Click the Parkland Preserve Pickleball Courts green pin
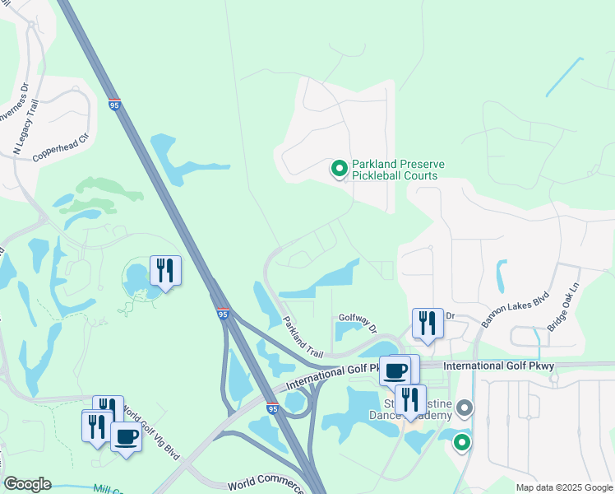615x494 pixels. (x=338, y=170)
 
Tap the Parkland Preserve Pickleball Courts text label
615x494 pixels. (x=398, y=170)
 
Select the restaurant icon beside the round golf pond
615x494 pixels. (x=165, y=271)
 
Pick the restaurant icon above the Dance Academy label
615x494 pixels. (x=410, y=400)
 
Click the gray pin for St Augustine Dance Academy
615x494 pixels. (x=465, y=408)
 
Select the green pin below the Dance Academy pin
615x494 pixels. (x=462, y=444)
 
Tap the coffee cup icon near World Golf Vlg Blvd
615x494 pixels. (x=126, y=436)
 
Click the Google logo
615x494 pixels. (x=27, y=484)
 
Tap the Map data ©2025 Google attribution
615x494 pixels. (x=563, y=487)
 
